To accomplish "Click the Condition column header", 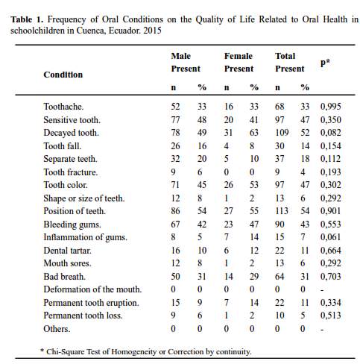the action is click(63, 75).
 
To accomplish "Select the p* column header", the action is click(325, 63).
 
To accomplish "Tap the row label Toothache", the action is click(63, 107).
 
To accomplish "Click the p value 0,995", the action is click(331, 107).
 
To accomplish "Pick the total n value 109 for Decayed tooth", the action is click(282, 133).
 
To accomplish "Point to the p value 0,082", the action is click(331, 133).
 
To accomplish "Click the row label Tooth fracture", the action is click(71, 172).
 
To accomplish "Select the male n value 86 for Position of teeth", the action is click(175, 211).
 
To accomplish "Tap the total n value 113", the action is click(282, 211).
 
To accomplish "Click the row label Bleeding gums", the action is click(72, 225).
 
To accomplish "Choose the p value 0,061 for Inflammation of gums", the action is click(330, 237).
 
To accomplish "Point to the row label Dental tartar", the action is click(68, 251).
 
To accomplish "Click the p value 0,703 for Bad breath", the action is click(331, 277).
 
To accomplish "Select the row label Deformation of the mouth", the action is click(92, 289).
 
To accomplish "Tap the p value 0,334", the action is click(331, 303).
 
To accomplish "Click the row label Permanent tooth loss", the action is click(83, 316).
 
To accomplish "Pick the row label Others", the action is click(57, 329).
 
